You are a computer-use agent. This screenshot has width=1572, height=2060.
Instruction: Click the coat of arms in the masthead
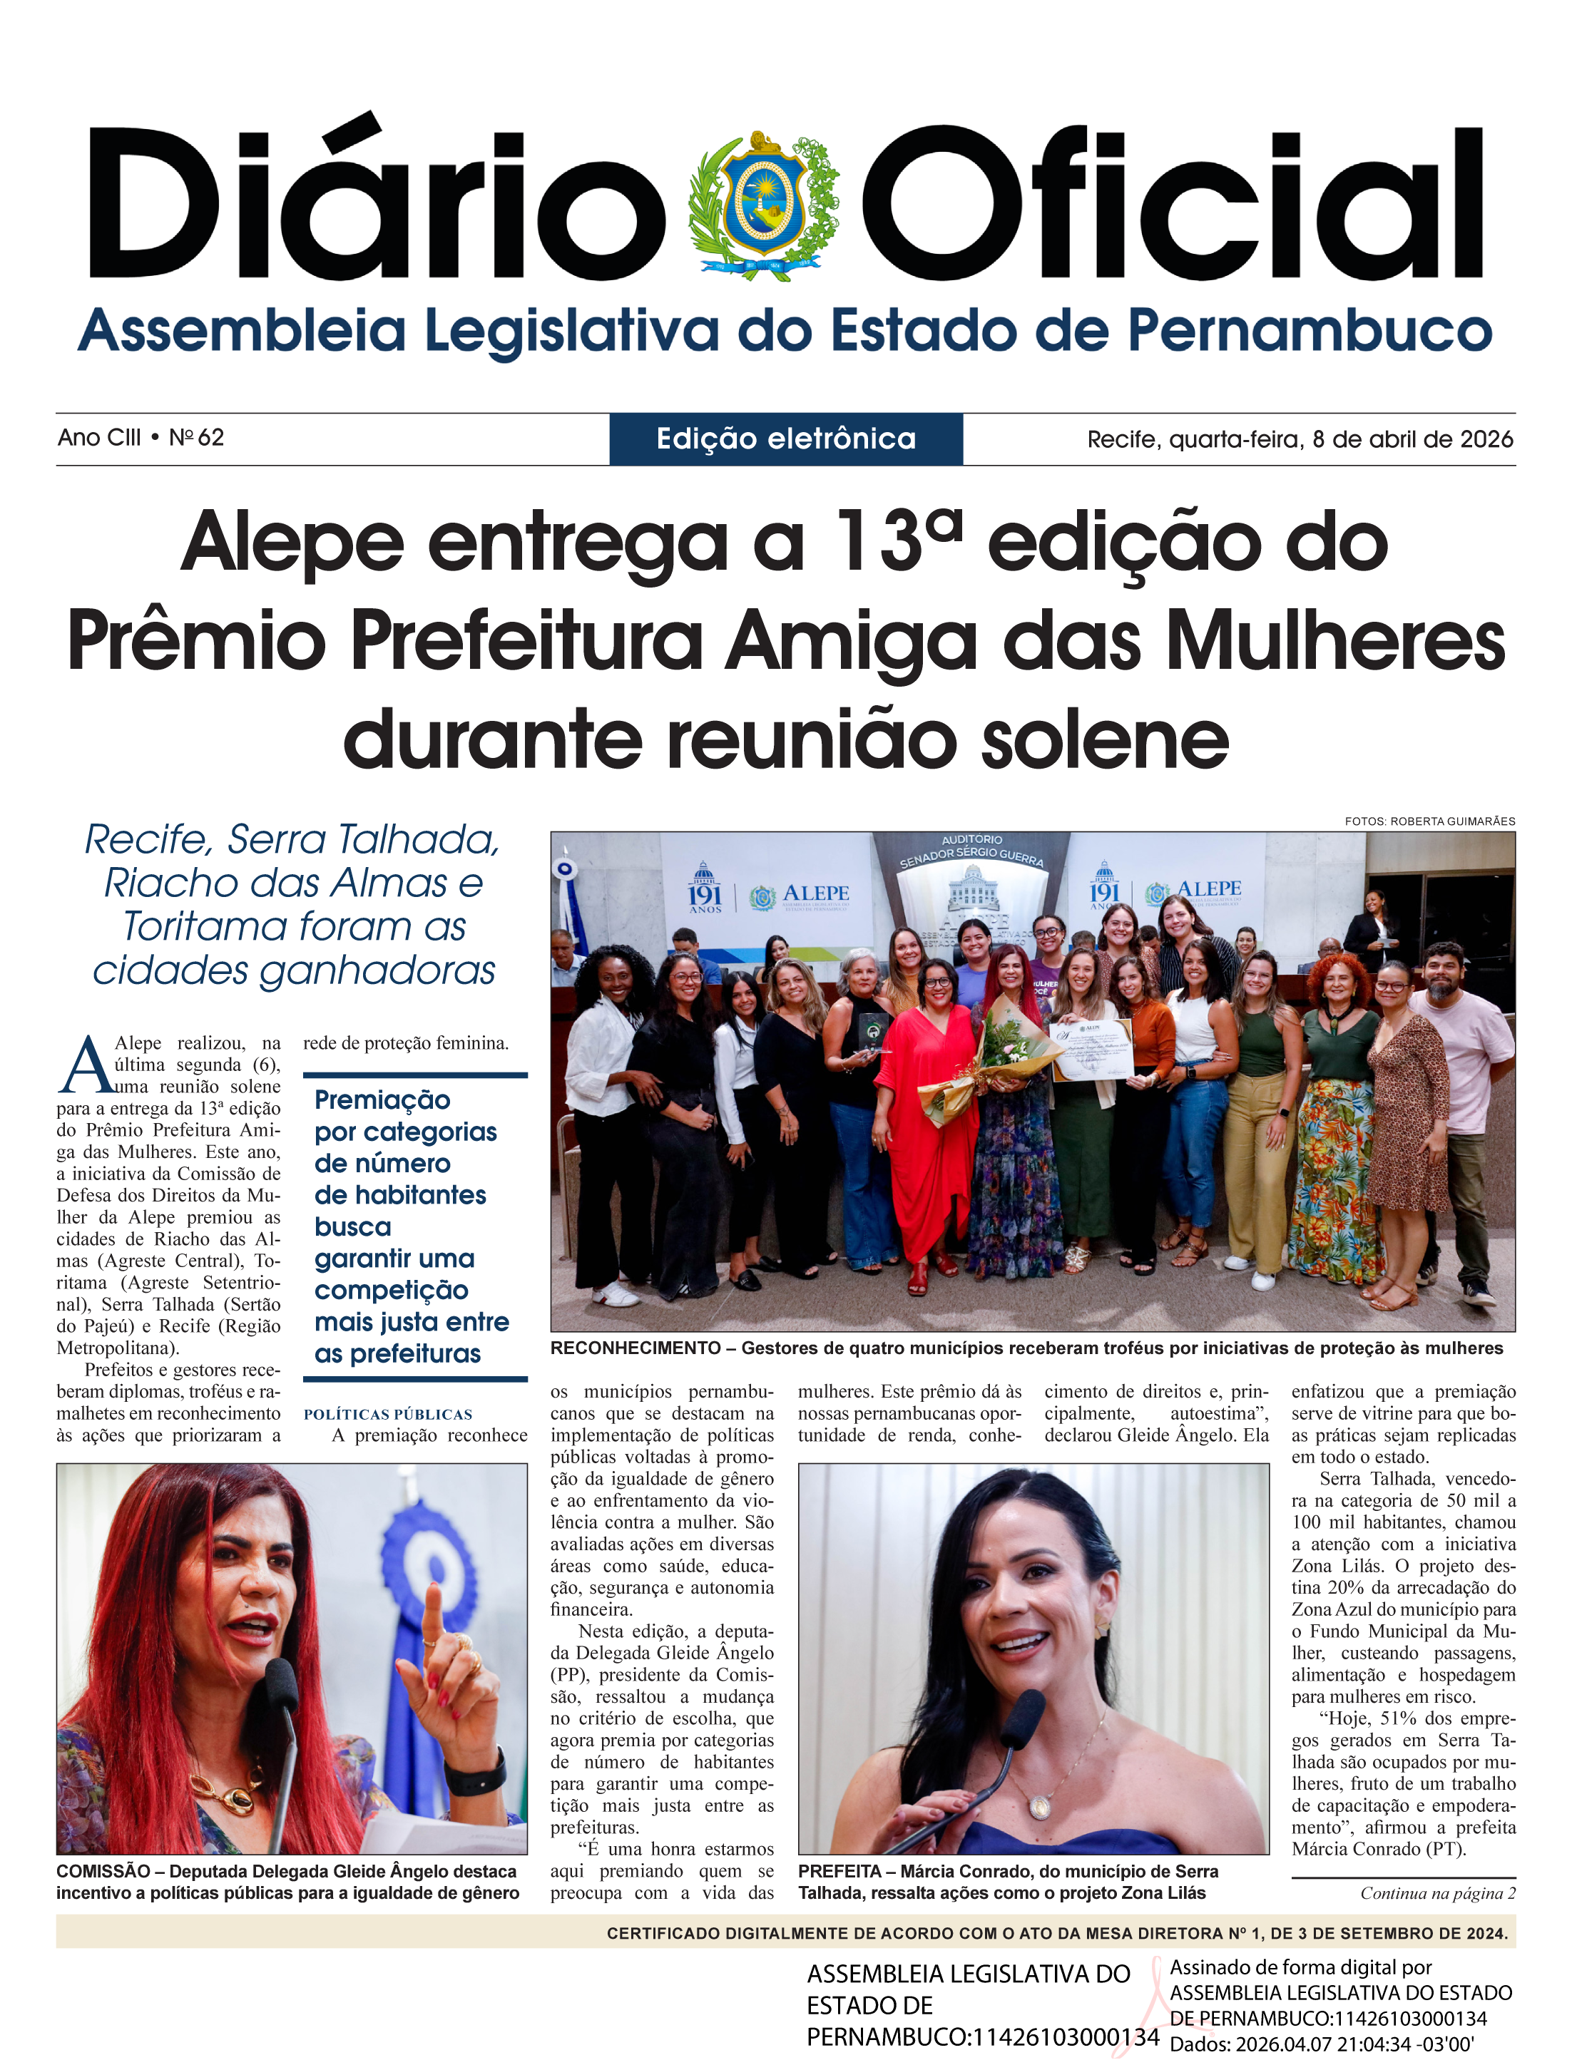[764, 205]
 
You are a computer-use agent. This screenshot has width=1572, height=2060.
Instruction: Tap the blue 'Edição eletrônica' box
[786, 439]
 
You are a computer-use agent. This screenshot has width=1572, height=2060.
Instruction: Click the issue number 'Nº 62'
[197, 438]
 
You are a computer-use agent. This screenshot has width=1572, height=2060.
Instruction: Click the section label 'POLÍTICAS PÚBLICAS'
[387, 1415]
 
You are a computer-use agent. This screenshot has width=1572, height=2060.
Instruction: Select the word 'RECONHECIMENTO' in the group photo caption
[636, 1348]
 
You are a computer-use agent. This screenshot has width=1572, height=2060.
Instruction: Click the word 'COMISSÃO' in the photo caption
[103, 1871]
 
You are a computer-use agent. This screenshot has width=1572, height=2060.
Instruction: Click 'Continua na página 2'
[1437, 1893]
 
